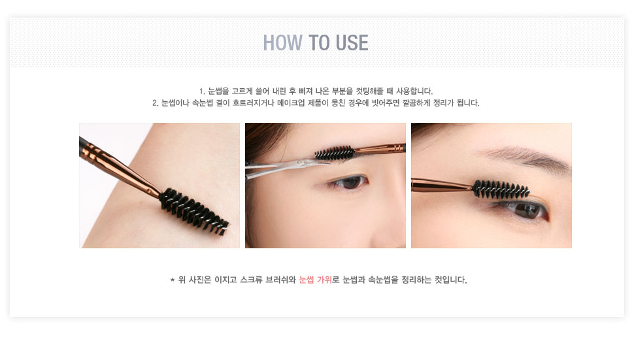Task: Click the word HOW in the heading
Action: (x=282, y=43)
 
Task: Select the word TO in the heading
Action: (x=320, y=43)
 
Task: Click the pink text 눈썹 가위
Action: (x=316, y=280)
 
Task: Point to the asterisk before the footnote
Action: (x=173, y=280)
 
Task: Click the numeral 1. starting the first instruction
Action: (x=202, y=91)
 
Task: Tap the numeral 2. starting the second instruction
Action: (x=156, y=103)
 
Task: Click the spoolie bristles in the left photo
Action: (x=193, y=211)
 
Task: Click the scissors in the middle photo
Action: (x=283, y=167)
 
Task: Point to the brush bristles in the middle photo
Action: (x=334, y=153)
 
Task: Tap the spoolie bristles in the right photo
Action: (x=501, y=189)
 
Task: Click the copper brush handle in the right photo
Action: (x=442, y=185)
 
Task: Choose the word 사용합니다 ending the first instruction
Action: (x=414, y=91)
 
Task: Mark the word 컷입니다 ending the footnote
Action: (x=451, y=280)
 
